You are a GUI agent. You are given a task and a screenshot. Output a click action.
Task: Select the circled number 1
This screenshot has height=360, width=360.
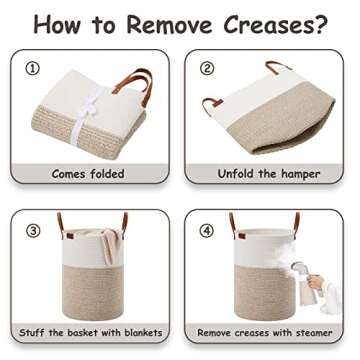[32, 69]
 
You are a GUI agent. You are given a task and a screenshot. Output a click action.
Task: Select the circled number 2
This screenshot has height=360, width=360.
[207, 68]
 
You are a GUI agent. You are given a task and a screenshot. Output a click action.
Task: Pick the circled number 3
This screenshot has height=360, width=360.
[33, 231]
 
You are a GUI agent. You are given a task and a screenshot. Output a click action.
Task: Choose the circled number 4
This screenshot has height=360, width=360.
[207, 231]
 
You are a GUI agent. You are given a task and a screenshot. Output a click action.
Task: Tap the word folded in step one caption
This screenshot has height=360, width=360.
[106, 174]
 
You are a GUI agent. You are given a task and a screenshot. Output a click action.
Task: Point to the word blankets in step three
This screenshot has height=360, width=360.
[143, 332]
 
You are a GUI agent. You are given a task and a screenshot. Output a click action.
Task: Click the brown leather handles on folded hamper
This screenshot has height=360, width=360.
[134, 86]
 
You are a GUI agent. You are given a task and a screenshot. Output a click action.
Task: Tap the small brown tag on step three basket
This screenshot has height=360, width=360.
[70, 236]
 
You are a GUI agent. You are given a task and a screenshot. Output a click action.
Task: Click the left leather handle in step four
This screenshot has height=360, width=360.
[233, 223]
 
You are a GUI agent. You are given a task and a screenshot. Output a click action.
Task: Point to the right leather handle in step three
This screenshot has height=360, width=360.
[125, 223]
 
